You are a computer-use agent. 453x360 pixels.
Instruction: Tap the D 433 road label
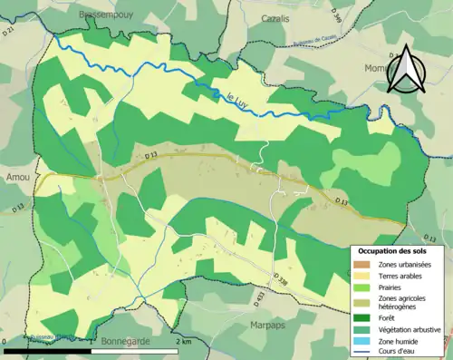(x=261, y=298)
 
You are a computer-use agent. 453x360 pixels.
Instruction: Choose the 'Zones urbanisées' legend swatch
(x=362, y=265)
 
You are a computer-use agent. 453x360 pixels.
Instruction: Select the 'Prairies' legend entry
(x=390, y=290)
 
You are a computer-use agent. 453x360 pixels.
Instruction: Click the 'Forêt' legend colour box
(x=362, y=317)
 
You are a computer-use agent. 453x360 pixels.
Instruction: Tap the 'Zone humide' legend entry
(x=399, y=340)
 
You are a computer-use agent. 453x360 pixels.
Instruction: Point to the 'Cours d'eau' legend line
(x=362, y=351)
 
